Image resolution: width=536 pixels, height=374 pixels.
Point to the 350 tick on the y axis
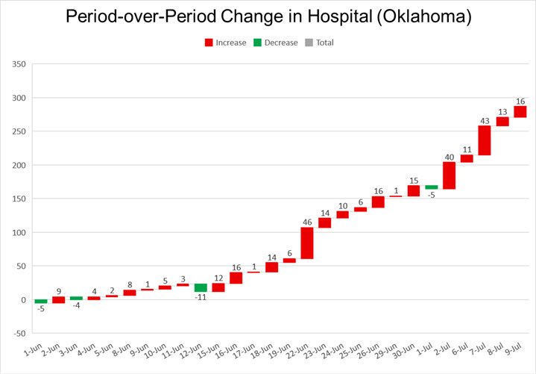19,64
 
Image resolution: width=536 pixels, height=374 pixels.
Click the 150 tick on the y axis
19,199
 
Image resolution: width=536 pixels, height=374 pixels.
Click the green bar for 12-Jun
201,288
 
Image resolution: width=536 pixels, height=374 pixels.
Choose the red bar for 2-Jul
449,175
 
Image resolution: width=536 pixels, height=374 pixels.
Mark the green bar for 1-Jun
40,302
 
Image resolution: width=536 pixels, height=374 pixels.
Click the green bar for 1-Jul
432,187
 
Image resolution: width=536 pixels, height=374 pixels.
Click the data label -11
201,297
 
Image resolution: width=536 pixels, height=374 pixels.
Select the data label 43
485,121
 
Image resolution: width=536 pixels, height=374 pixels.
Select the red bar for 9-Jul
520,111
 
